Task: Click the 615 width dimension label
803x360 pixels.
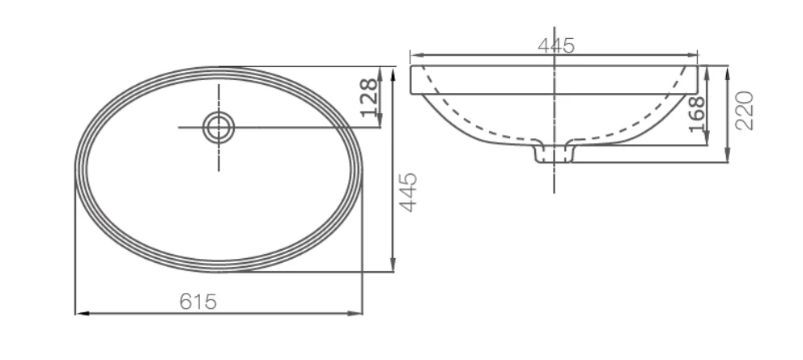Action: (x=198, y=302)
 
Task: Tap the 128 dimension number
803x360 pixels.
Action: (x=369, y=98)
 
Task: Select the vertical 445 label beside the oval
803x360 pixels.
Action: (x=408, y=192)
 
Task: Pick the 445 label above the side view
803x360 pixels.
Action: (x=556, y=45)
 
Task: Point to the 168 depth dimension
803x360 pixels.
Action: (x=697, y=114)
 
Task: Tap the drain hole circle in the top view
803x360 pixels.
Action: (x=219, y=128)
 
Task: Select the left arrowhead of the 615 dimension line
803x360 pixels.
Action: (x=82, y=313)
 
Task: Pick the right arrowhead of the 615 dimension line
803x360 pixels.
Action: (x=355, y=313)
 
